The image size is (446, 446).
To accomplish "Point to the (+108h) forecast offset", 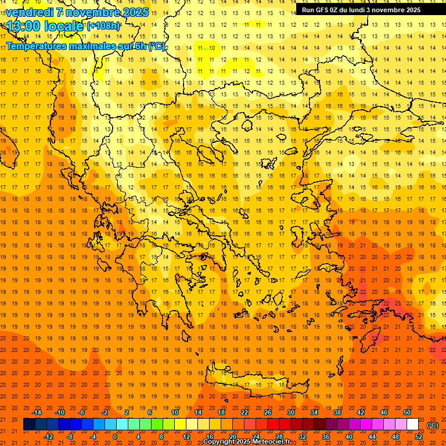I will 103,26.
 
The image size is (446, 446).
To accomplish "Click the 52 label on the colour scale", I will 419,437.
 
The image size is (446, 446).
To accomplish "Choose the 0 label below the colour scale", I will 115,437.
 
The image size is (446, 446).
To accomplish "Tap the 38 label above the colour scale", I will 337,412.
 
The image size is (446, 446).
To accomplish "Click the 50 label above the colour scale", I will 407,412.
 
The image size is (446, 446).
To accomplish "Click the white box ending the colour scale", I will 412,425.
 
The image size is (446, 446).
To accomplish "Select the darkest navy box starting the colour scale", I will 29,425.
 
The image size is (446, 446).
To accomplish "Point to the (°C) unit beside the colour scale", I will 432,425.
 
